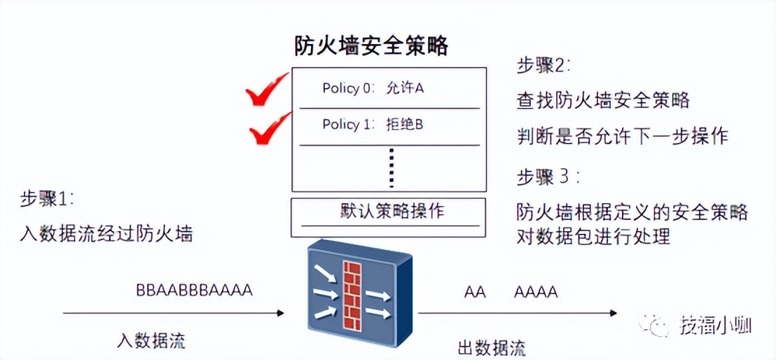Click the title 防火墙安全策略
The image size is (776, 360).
370,46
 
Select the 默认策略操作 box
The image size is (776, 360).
389,212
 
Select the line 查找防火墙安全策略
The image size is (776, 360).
603,101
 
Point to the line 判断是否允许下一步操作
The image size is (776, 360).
622,135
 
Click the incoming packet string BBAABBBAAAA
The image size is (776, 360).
194,290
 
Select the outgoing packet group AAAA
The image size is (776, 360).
536,292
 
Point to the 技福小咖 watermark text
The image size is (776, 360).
715,325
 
